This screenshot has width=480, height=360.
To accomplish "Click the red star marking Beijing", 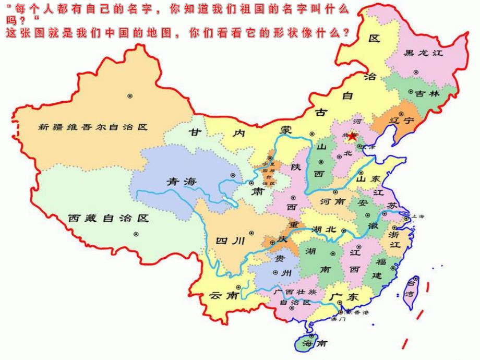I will click(352, 137).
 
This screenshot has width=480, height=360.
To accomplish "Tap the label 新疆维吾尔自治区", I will click(93, 127).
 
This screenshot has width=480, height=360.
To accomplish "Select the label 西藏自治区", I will click(109, 218).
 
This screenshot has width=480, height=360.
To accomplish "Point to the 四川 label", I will click(230, 241).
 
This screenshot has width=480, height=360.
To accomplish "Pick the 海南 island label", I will click(315, 344).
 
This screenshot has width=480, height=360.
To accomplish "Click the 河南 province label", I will click(332, 201).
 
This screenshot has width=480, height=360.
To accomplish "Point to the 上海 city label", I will click(417, 216).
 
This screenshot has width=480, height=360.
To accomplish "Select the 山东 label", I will click(368, 178).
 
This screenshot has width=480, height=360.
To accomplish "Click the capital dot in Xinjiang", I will click(130, 95).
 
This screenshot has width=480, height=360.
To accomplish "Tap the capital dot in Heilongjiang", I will click(415, 72).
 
